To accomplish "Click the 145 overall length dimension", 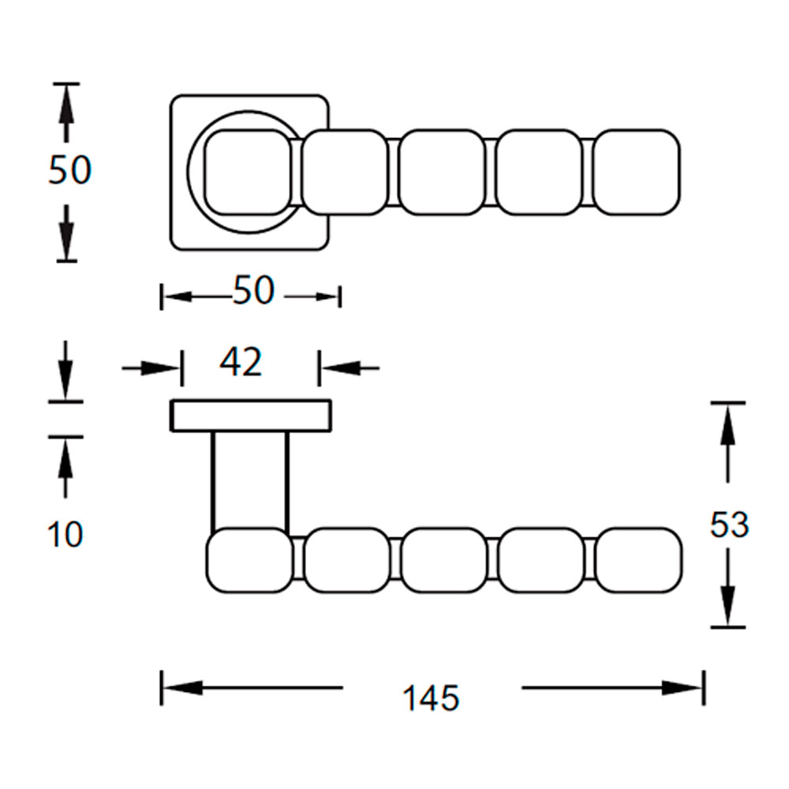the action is pyautogui.click(x=432, y=697).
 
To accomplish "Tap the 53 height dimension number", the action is pyautogui.click(x=729, y=525).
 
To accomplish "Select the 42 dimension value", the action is pyautogui.click(x=241, y=362).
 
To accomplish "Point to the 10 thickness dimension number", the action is pyautogui.click(x=65, y=534).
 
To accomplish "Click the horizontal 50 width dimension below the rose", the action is pyautogui.click(x=253, y=290).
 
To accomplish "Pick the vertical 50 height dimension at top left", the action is pyautogui.click(x=70, y=170).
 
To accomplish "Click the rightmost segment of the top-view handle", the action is pyautogui.click(x=637, y=173).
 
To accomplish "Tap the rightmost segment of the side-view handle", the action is pyautogui.click(x=639, y=560).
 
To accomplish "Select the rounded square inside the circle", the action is pyautogui.click(x=248, y=173).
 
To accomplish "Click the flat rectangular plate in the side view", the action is pyautogui.click(x=251, y=416).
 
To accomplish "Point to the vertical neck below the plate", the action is pyautogui.click(x=250, y=481).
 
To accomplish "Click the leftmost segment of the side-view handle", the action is pyautogui.click(x=249, y=560).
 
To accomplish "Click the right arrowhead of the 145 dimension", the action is pyautogui.click(x=682, y=687).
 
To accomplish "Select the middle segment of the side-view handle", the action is pyautogui.click(x=444, y=560).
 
